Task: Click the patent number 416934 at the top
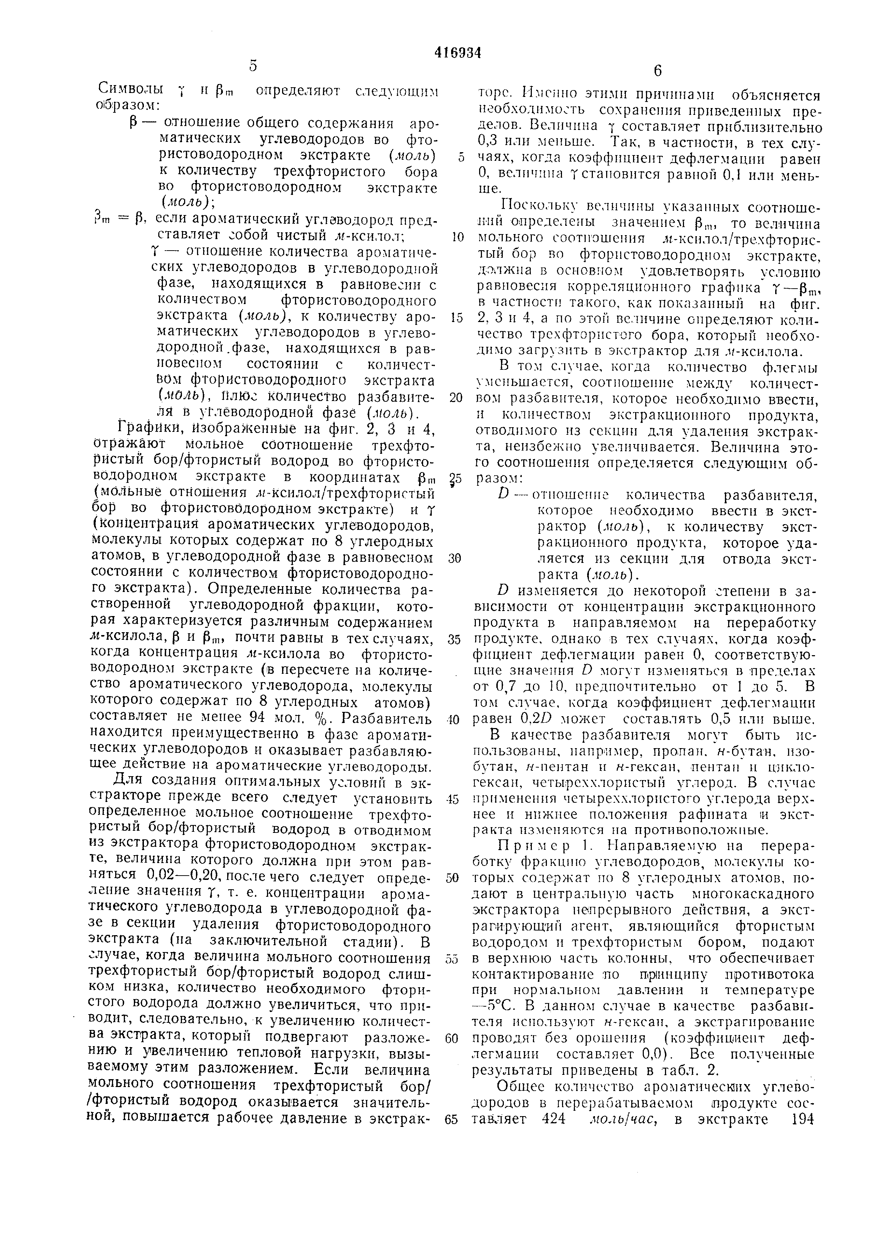(457, 53)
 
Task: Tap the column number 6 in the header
(658, 71)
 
